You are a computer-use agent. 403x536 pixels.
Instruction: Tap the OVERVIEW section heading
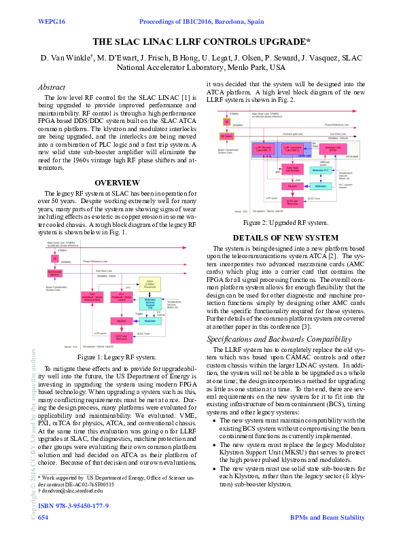(x=117, y=183)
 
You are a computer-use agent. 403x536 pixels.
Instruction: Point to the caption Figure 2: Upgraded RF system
(x=285, y=222)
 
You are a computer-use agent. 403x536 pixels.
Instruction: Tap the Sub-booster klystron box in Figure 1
(x=54, y=273)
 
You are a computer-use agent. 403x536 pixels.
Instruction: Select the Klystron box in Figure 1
(x=122, y=320)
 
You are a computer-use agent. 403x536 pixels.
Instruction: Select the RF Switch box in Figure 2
(x=226, y=136)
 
